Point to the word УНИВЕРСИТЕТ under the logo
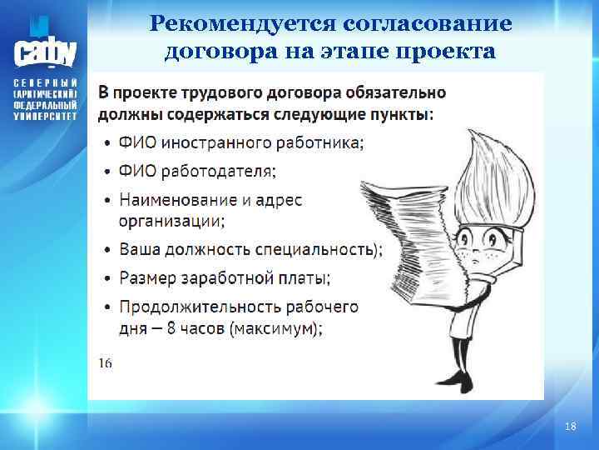click(x=45, y=117)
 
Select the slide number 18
click(x=570, y=427)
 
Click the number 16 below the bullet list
click(x=106, y=362)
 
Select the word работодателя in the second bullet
click(x=220, y=171)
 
